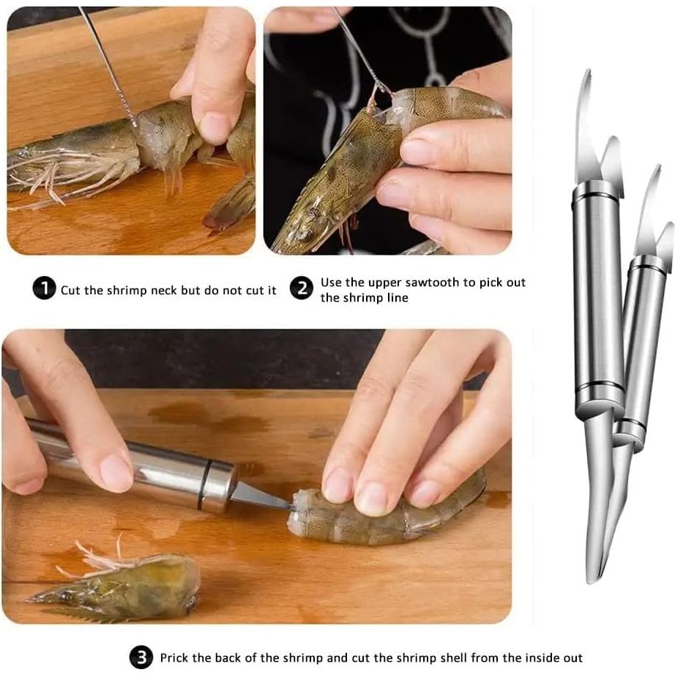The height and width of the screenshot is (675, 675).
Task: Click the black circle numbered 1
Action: coord(44,290)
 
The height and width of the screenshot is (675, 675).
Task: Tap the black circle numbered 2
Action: coord(301,289)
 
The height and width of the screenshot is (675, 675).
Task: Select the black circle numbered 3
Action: coord(141,657)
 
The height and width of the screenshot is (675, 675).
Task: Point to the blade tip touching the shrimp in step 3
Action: coord(288,507)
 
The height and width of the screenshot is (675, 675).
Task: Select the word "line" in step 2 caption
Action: coord(395,298)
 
